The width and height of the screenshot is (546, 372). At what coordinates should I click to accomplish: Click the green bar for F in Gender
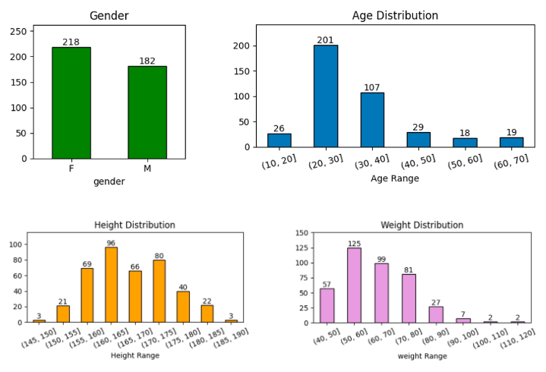[71, 103]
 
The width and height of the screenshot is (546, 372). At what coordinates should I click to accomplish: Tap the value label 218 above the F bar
[71, 42]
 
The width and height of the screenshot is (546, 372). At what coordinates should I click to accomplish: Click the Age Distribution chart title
[395, 15]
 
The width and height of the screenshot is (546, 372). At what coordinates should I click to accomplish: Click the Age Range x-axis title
[395, 179]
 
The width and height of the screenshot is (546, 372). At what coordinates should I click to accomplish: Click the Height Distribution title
[134, 225]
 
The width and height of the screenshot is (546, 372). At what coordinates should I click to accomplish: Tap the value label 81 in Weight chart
[409, 269]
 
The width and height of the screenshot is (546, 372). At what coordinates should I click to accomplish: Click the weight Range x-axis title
[423, 356]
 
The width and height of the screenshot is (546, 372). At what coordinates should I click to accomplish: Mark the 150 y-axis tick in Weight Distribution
[301, 233]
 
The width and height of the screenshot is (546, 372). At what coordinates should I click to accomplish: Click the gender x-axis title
[109, 181]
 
